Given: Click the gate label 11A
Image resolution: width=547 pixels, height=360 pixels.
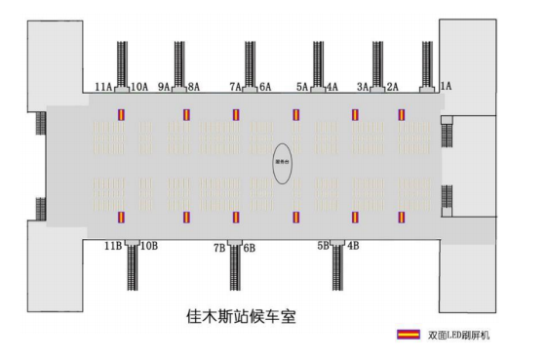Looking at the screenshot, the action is pos(103,87).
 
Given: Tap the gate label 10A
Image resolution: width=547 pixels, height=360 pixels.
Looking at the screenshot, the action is pos(138,87).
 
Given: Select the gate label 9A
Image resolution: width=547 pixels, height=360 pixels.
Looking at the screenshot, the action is pos(164,87).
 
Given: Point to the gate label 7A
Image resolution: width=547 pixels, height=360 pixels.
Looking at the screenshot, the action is pos(236,87).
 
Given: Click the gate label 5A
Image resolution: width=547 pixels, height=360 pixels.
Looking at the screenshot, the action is pos(302,87).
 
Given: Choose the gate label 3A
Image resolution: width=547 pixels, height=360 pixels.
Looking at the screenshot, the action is pos(363,87).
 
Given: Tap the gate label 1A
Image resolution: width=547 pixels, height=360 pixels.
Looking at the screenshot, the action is pos(447,87).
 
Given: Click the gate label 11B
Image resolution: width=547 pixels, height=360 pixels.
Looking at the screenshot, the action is pos(111,246).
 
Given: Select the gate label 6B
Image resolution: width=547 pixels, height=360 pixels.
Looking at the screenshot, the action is pos(250,248).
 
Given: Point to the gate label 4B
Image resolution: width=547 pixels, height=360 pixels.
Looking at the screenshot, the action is pos(353,246).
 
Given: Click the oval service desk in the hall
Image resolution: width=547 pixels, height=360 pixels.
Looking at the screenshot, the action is pos(283,164).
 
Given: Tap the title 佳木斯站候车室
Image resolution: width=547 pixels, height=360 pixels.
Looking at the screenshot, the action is pos(239,317).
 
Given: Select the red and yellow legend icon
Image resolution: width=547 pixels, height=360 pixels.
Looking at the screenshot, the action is pos(407,335).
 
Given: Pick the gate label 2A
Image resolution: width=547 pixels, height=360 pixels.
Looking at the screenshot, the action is pos(393,87).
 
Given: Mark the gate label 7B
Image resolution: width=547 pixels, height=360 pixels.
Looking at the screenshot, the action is pos(219,248).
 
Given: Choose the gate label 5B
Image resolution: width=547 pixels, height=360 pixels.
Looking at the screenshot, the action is pos(323,246).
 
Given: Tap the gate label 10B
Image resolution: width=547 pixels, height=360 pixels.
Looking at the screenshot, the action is pos(148,246).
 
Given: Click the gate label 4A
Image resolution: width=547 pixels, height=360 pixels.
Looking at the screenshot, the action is pos(332,87).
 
